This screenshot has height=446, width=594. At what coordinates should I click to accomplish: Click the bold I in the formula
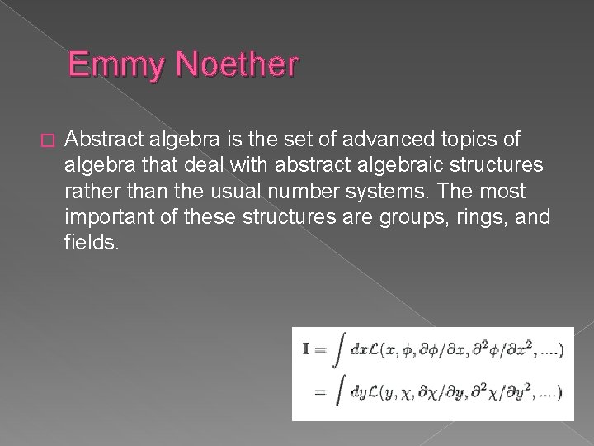pos(307,349)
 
